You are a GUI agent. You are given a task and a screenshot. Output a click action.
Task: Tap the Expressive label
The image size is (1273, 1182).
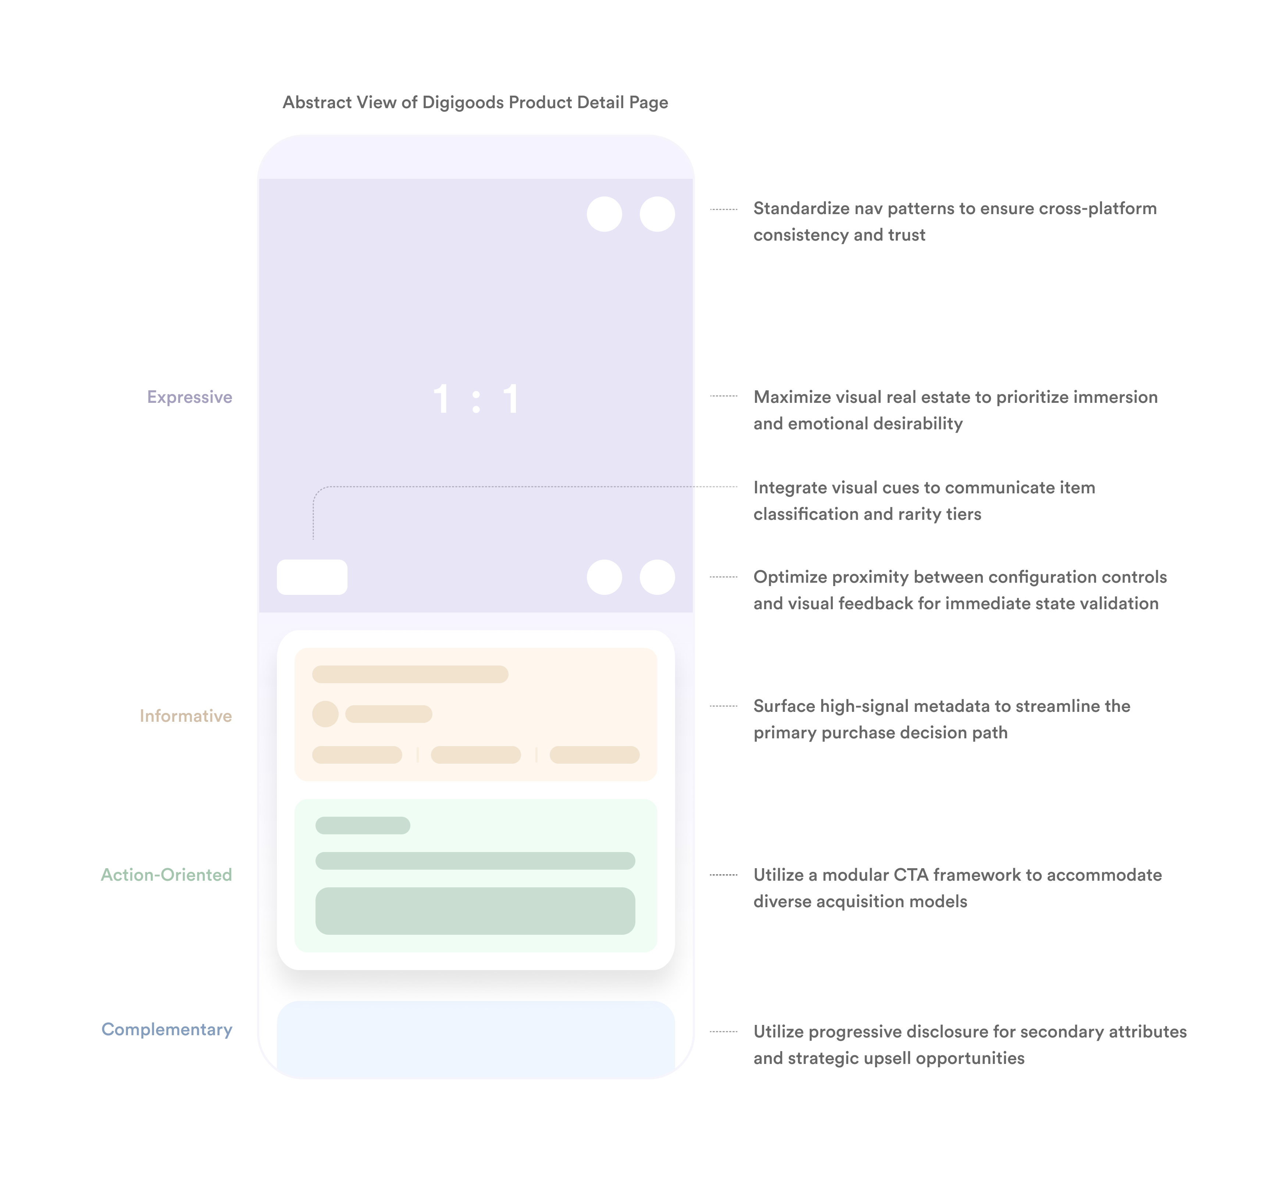click(189, 397)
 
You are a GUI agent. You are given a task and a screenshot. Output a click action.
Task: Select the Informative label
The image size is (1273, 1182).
click(185, 716)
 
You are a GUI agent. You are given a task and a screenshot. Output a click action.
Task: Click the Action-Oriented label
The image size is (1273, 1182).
click(166, 875)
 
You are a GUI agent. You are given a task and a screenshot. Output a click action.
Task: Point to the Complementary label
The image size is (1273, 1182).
click(167, 1029)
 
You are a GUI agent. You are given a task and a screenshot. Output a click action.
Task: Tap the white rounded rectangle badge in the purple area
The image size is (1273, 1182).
click(312, 577)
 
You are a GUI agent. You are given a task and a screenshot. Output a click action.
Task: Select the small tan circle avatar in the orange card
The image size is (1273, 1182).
click(325, 714)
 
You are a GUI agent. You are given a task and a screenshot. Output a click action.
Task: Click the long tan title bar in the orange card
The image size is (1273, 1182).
click(410, 674)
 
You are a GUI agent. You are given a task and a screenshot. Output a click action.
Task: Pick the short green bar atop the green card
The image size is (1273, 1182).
click(363, 825)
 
